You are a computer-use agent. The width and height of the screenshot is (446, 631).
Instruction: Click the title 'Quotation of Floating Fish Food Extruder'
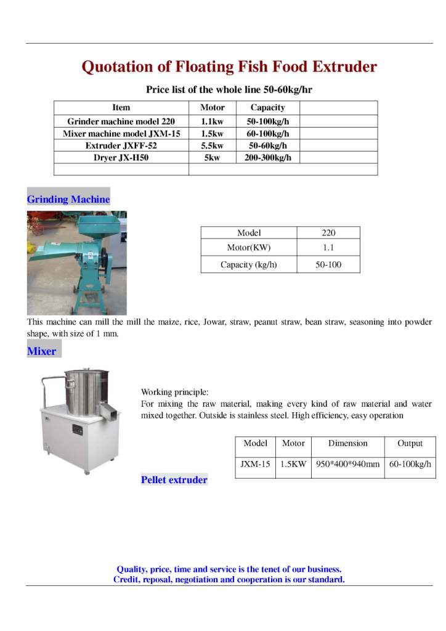pyautogui.click(x=229, y=67)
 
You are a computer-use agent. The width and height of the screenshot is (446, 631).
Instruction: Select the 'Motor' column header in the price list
pyautogui.click(x=212, y=107)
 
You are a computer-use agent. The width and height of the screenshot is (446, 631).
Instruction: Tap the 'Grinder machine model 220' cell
pyautogui.click(x=121, y=121)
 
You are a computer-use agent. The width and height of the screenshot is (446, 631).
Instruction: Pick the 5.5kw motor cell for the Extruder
pyautogui.click(x=212, y=145)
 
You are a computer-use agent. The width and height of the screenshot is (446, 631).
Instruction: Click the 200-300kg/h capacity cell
pyautogui.click(x=268, y=158)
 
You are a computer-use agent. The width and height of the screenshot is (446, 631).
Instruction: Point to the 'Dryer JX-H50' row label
pyautogui.click(x=121, y=158)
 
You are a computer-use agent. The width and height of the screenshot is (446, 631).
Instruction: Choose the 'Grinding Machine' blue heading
pyautogui.click(x=68, y=200)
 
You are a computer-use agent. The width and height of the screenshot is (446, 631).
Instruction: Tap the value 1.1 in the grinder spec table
pyautogui.click(x=328, y=249)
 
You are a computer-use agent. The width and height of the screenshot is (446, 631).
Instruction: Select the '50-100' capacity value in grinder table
pyautogui.click(x=328, y=265)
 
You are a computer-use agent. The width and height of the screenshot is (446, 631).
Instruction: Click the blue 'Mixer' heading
pyautogui.click(x=42, y=352)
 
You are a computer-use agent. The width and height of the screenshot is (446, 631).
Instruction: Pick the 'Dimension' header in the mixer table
pyautogui.click(x=347, y=443)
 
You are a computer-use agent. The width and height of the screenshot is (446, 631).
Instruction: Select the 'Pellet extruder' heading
pyautogui.click(x=174, y=480)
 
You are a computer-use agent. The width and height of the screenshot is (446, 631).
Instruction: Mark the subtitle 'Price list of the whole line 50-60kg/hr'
pyautogui.click(x=229, y=89)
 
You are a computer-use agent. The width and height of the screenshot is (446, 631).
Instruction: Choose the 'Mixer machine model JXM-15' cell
pyautogui.click(x=121, y=134)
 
